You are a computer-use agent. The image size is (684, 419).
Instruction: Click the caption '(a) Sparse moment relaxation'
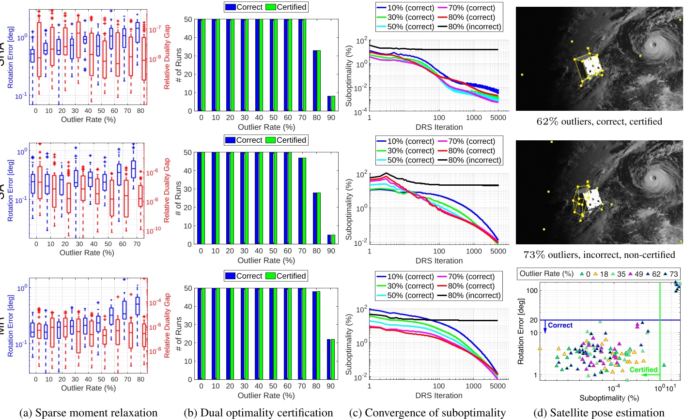[x=88, y=413]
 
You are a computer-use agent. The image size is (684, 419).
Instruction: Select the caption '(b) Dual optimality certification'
[x=258, y=413]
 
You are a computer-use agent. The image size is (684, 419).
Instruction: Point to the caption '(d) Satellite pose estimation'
[x=599, y=413]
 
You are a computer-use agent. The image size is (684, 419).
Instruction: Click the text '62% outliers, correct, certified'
[x=599, y=121]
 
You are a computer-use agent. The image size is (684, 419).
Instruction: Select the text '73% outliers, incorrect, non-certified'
[x=599, y=254]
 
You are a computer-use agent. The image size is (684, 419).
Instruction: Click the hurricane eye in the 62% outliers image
[x=653, y=45]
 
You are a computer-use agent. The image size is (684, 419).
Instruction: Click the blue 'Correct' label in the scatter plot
[x=560, y=325]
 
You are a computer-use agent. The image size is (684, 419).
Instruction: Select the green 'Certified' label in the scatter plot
[x=643, y=370]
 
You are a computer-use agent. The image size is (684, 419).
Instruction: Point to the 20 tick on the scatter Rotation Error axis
[x=534, y=320]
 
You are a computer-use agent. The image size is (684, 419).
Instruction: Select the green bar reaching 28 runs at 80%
[x=319, y=218]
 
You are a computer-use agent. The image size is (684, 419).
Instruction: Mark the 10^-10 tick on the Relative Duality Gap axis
[x=154, y=231]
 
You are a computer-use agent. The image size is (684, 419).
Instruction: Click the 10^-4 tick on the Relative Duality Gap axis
[x=154, y=302]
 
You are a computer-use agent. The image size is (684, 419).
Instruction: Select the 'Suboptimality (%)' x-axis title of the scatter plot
[x=609, y=398]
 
